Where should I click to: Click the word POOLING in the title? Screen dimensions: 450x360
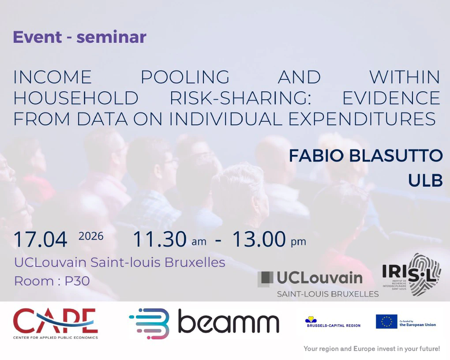pos(185,77)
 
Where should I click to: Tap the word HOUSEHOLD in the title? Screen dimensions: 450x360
pos(76,98)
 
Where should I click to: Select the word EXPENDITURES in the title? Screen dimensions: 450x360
pos(362,119)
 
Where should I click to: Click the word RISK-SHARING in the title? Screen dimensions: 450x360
pos(240,98)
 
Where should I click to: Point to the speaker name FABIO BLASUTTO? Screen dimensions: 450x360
pos(366,156)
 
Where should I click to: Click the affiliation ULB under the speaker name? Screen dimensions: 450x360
pos(425,180)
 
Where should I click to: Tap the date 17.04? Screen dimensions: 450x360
pos(41,239)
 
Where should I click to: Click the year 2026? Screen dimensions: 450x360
pos(91,236)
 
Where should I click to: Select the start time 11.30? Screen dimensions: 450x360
pos(160,239)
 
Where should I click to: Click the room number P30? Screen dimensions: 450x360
pos(77,281)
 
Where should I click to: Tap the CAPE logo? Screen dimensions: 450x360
pos(56,323)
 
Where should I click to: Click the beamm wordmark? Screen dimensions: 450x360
pos(229,321)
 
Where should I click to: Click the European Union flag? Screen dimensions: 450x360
pos(386,322)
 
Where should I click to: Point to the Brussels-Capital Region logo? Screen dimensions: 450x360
pos(334,322)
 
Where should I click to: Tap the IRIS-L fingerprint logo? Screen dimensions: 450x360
pos(412,275)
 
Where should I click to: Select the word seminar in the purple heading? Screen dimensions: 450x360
pos(112,37)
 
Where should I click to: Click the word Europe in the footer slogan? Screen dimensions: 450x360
pos(364,349)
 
